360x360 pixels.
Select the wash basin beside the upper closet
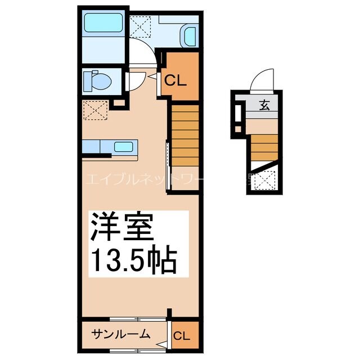[x=187, y=37]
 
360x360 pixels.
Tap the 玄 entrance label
[x=264, y=105]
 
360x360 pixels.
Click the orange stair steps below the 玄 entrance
[x=263, y=147]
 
